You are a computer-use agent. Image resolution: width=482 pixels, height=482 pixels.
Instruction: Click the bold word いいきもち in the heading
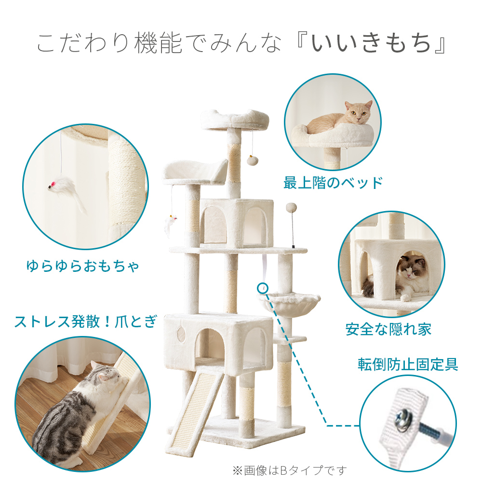[x=371, y=44]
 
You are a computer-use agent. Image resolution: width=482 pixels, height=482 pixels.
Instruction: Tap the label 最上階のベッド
[x=333, y=183]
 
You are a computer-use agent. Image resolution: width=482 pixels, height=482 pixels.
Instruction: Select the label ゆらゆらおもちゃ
[x=82, y=266]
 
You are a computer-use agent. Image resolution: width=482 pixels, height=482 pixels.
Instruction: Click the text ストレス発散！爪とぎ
[x=86, y=321]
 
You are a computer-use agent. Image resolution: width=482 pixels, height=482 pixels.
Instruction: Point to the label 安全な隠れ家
[x=388, y=329]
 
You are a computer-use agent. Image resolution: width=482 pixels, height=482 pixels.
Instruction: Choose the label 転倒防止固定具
[x=408, y=364]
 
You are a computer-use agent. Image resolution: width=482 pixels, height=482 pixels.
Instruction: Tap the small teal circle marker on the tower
[x=263, y=288]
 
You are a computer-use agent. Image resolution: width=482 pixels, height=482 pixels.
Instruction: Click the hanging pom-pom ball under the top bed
[x=251, y=160]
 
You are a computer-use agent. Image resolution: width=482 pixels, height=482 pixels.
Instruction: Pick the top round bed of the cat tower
[x=235, y=119]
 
